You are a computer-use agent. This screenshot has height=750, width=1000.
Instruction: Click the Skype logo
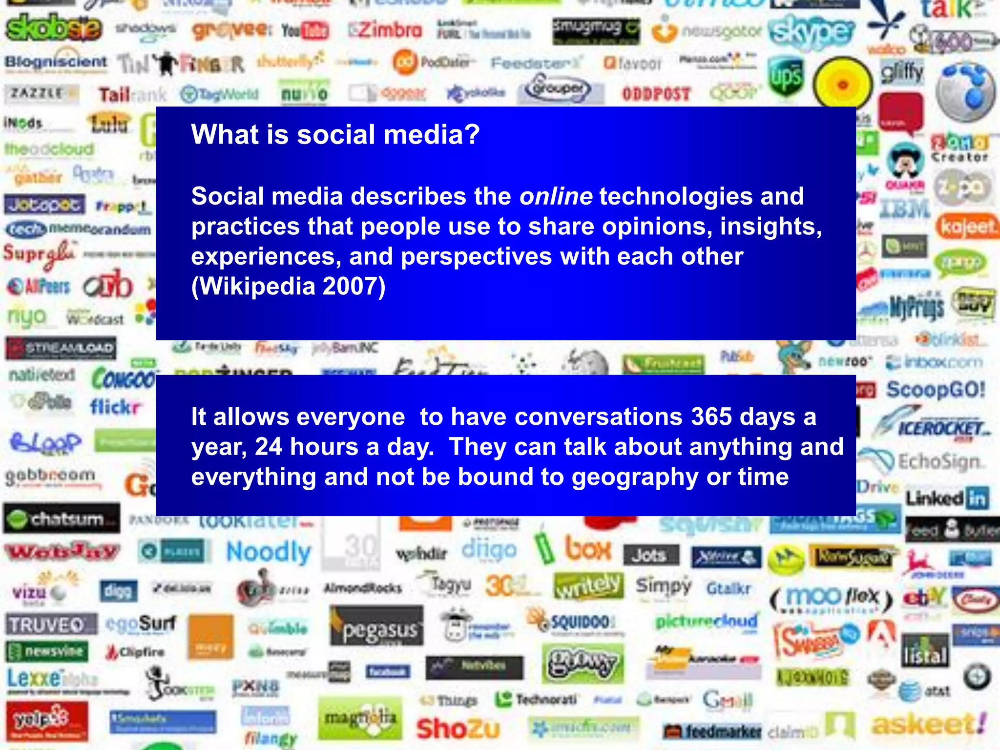point(812,31)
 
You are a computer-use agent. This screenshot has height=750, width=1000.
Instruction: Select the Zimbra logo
point(386,30)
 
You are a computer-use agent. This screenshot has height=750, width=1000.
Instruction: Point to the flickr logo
point(115,406)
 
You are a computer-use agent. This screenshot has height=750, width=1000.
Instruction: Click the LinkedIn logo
point(947,499)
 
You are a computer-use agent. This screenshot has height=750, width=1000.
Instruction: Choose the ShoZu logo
point(458,729)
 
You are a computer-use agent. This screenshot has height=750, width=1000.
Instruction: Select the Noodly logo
point(269,552)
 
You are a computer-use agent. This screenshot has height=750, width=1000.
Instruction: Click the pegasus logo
point(376,630)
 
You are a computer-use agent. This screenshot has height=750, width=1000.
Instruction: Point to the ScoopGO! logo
point(936,390)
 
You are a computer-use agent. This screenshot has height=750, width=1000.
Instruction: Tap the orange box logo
point(588,549)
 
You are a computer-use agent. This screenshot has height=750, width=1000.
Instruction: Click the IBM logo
point(905,208)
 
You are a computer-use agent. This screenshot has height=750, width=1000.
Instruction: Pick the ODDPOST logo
point(656,94)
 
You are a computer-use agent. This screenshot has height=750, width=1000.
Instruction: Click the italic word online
point(556,196)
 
